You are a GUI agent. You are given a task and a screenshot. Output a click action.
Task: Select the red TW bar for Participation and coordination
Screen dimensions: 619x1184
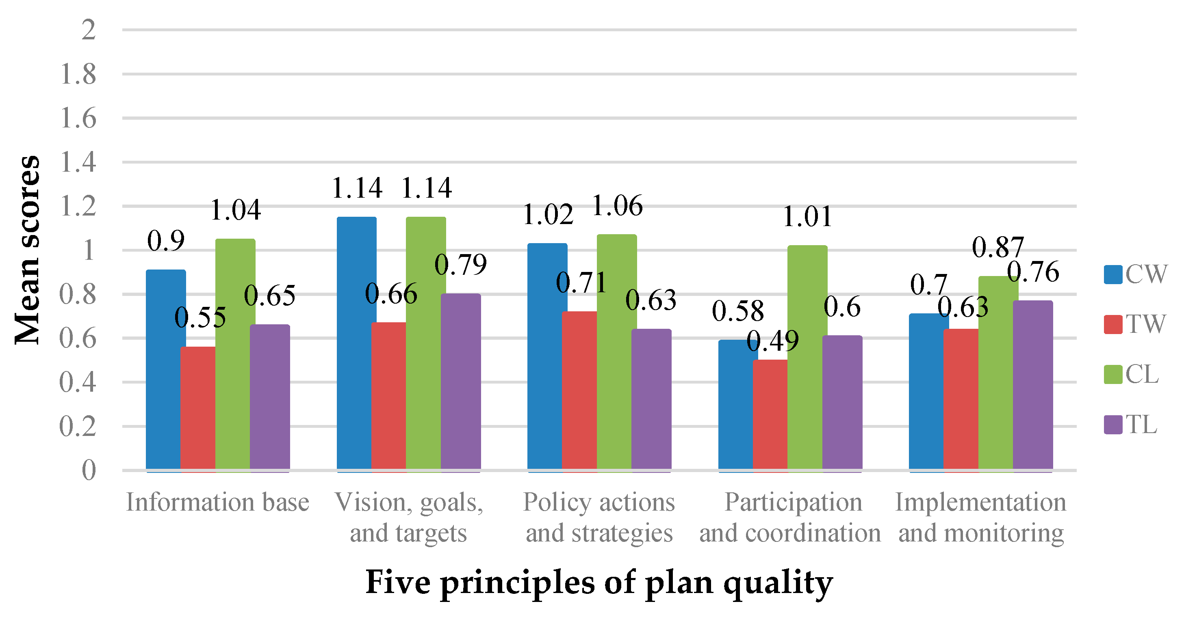pyautogui.click(x=770, y=416)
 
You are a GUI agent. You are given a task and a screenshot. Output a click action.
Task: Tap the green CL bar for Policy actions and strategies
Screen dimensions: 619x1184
pyautogui.click(x=616, y=351)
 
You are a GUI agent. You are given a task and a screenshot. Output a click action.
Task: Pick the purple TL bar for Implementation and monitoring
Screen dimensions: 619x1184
pyautogui.click(x=1032, y=386)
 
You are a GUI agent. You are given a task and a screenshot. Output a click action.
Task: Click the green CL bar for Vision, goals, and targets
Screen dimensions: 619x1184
pyautogui.click(x=426, y=344)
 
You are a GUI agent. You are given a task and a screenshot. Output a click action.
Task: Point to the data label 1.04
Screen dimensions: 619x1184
pyautogui.click(x=235, y=210)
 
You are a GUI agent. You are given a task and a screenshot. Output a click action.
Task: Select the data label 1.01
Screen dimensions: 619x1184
pyautogui.click(x=807, y=217)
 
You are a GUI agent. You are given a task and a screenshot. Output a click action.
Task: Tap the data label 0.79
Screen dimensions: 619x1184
pyautogui.click(x=460, y=265)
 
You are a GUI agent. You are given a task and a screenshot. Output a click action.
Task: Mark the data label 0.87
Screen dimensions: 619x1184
pyautogui.click(x=998, y=248)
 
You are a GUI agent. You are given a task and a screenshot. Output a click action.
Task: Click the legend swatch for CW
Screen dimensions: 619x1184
pyautogui.click(x=1113, y=275)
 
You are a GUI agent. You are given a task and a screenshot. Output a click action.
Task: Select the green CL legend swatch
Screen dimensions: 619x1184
pyautogui.click(x=1113, y=374)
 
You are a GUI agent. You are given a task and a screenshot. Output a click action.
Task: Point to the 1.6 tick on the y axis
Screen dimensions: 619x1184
pyautogui.click(x=78, y=119)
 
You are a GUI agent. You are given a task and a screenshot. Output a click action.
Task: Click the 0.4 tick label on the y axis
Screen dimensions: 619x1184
pyautogui.click(x=78, y=382)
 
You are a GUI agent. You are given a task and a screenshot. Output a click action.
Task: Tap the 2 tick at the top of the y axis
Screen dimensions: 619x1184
pyautogui.click(x=88, y=30)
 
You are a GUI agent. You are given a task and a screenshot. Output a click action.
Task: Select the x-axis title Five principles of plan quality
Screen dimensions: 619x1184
pyautogui.click(x=599, y=582)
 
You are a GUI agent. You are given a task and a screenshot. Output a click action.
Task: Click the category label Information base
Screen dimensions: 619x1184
pyautogui.click(x=217, y=502)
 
